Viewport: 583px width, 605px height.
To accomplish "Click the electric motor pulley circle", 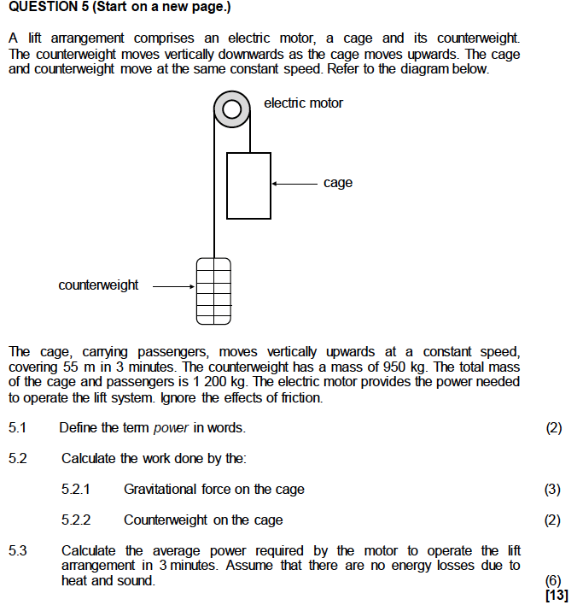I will [231, 109].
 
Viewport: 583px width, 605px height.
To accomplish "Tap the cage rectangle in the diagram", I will [248, 185].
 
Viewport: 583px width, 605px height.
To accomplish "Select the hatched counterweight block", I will [213, 291].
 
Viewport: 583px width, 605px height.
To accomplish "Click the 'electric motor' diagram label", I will [303, 103].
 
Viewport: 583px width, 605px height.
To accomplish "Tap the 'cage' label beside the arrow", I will [338, 183].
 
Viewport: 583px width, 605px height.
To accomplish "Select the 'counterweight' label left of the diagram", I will [98, 285].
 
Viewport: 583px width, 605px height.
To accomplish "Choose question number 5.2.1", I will [76, 490].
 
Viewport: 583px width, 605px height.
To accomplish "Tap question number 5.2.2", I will [76, 520].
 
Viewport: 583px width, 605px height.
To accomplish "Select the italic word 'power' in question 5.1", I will [172, 427].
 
